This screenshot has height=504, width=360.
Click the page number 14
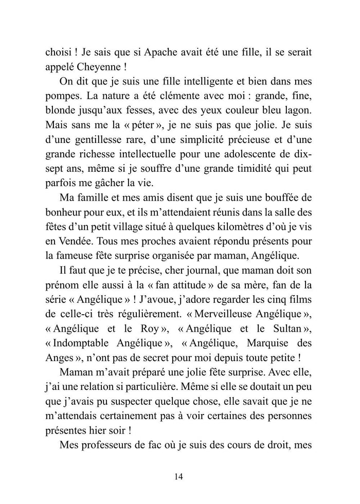coord(179,476)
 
